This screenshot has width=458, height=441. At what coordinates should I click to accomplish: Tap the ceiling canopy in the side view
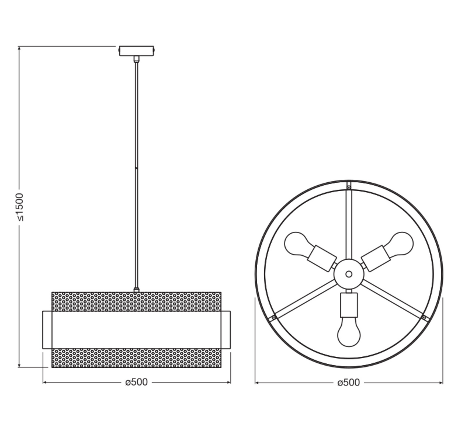[x=136, y=51]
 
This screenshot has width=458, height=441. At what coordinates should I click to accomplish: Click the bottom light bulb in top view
[x=349, y=332]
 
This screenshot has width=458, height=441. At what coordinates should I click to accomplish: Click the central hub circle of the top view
[x=349, y=274]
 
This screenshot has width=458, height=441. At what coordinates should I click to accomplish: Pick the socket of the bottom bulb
[x=349, y=304]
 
